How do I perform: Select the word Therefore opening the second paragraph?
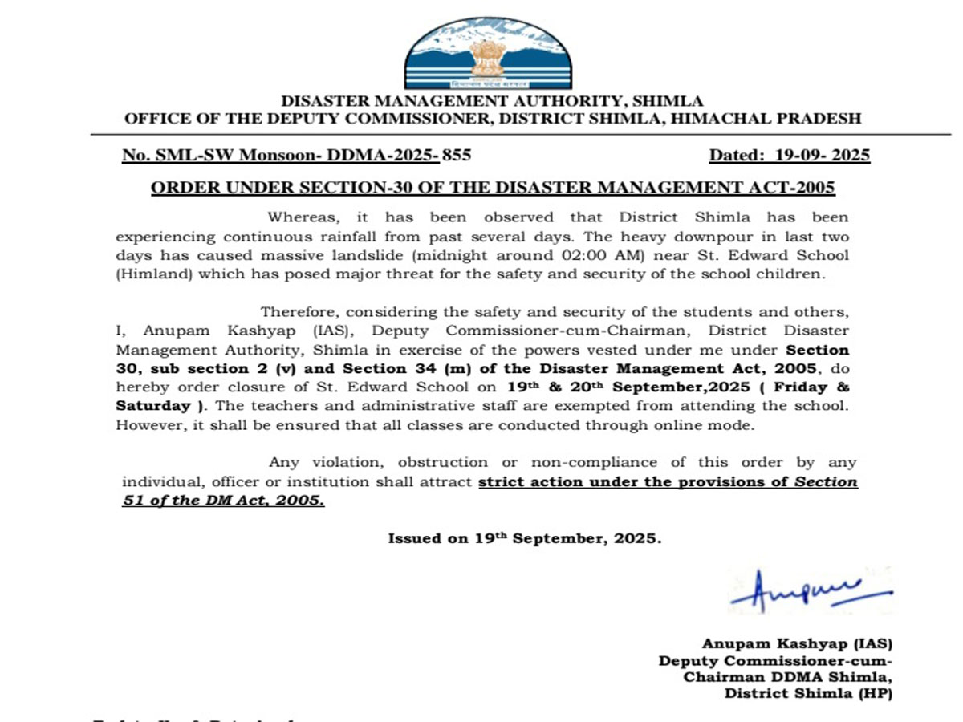[x=296, y=311]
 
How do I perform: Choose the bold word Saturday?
[x=151, y=407]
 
